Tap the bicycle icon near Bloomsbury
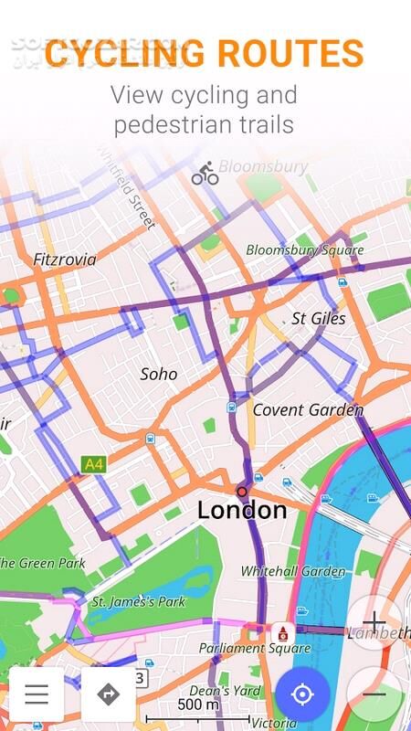(x=205, y=175)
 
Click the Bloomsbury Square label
(x=305, y=249)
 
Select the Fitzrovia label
(x=64, y=260)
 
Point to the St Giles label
(x=319, y=318)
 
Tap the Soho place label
(x=159, y=373)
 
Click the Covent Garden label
(x=307, y=409)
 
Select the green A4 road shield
(x=93, y=464)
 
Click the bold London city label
(x=242, y=510)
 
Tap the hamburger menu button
(x=37, y=694)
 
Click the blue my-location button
(x=302, y=694)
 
